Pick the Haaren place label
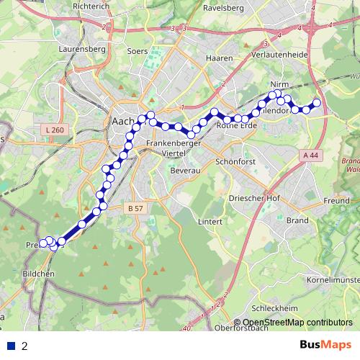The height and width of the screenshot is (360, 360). coord(218,58)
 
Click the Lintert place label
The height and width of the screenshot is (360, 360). coord(210,221)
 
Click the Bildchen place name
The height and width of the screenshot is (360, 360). coord(38,274)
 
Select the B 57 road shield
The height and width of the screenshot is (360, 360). coord(135,208)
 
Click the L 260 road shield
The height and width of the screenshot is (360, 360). coord(53,130)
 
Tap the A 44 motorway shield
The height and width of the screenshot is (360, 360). coord(310,155)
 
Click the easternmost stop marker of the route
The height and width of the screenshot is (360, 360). coord(316,103)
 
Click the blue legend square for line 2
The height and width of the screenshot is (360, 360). coord(11,346)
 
